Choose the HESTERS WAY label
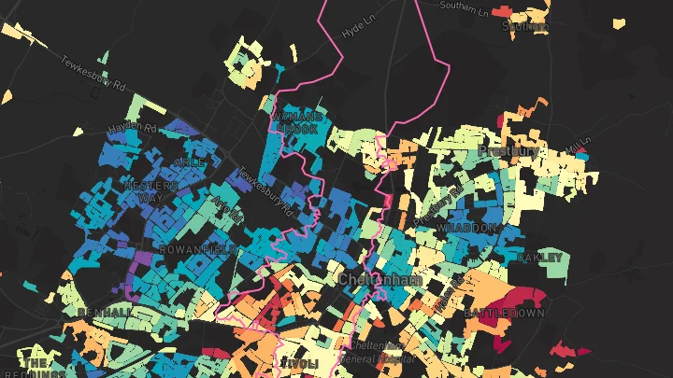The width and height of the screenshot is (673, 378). pos(150,192)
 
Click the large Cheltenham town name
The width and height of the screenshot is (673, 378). pos(379,280)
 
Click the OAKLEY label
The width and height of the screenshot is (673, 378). pos(539,257)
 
